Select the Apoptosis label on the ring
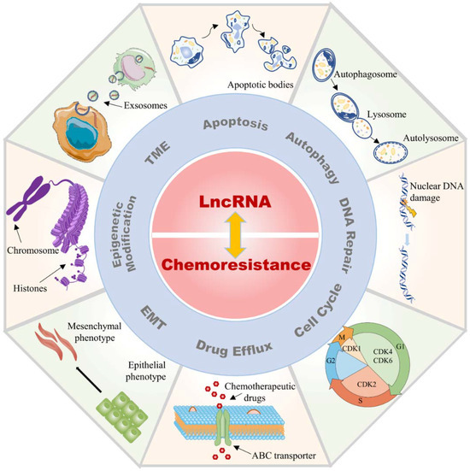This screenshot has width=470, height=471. (x=229, y=125)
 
